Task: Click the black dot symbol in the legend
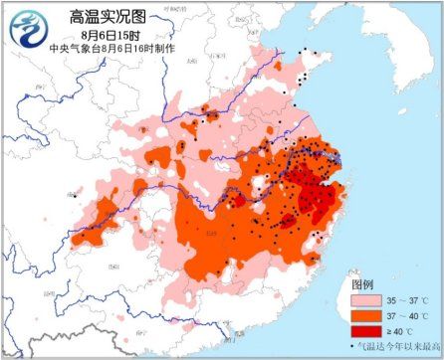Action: point(355,345)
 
